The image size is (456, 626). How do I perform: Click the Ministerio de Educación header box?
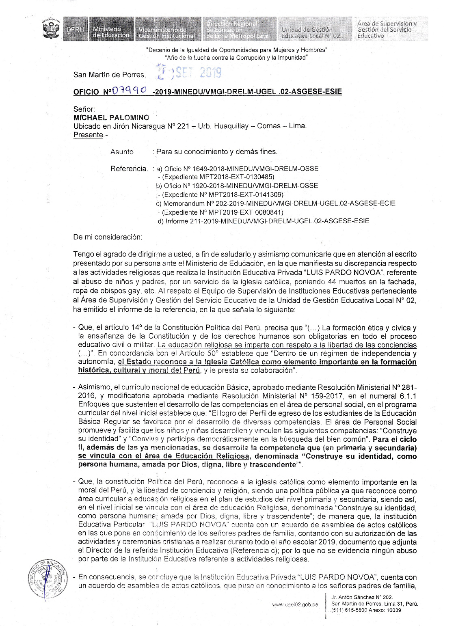coord(110,29)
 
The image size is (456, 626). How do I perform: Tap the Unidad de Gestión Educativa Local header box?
coord(310,29)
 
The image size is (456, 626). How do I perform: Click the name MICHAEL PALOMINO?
coord(111,117)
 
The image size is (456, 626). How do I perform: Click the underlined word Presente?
coord(88,135)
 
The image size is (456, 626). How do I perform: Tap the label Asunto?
coord(122,152)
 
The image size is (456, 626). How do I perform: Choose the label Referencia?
coord(129,168)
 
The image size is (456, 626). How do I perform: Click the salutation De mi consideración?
coord(108,237)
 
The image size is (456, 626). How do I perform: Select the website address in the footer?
coord(295,604)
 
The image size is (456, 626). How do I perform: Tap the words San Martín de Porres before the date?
coord(109,75)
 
